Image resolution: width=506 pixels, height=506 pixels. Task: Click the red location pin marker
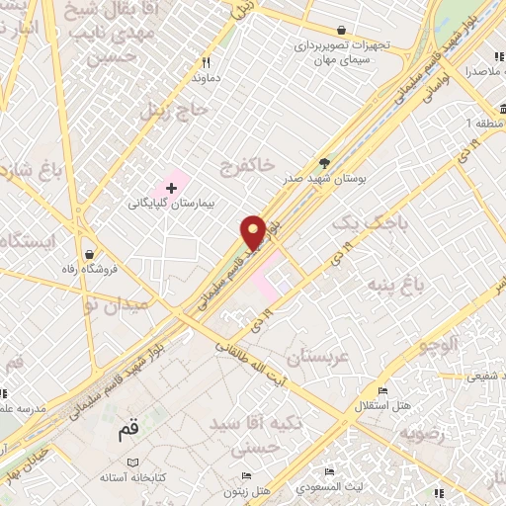click(254, 232)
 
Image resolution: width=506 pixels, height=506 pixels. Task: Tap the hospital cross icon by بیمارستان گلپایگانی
click(171, 186)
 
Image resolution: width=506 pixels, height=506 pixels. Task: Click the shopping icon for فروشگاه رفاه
click(90, 253)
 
